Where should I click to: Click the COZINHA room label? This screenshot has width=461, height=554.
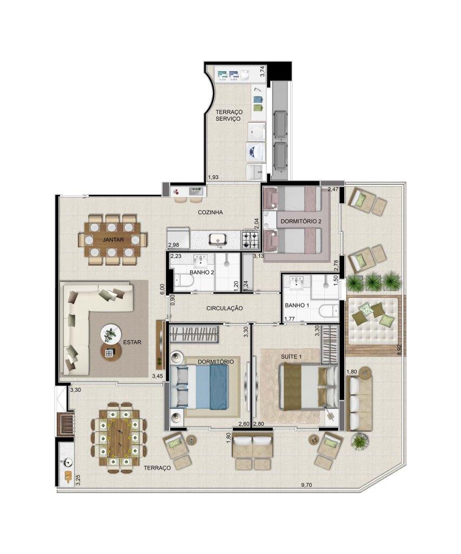coord(210,212)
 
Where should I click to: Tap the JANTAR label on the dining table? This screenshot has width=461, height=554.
coord(113,240)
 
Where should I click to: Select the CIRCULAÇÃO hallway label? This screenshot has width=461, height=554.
coord(224,308)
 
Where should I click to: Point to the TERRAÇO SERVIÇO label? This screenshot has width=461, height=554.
coord(229,116)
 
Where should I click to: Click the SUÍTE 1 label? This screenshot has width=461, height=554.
coord(291,357)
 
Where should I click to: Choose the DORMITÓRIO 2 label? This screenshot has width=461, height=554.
coord(301,221)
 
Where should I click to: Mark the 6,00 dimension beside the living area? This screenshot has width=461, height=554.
coord(162,289)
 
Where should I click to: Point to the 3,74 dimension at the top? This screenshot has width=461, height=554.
coord(262,71)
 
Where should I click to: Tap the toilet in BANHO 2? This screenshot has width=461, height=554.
coord(184,281)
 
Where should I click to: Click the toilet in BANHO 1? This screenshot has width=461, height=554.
coord(328,312)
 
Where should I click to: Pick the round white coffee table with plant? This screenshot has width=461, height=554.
coord(111,333)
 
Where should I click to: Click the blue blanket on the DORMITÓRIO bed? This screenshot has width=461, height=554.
coord(218,387)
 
